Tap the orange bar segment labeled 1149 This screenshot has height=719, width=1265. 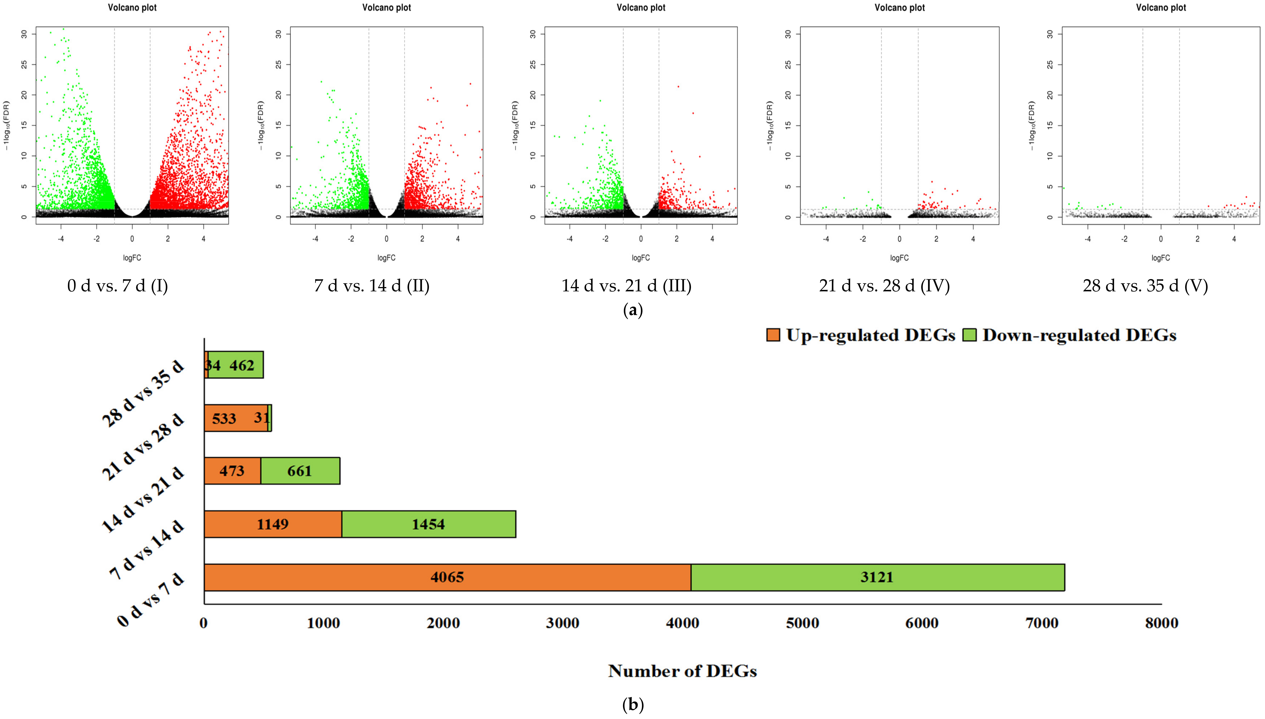[273, 524]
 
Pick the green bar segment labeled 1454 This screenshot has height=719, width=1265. [428, 524]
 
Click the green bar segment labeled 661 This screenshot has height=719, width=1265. [300, 471]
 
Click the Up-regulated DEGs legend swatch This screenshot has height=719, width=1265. [773, 335]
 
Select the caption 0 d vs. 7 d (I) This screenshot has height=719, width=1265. [118, 285]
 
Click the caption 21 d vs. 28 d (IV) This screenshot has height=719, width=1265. [884, 285]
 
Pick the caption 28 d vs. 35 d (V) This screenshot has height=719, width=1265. [1145, 285]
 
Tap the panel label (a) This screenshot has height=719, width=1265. [633, 310]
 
